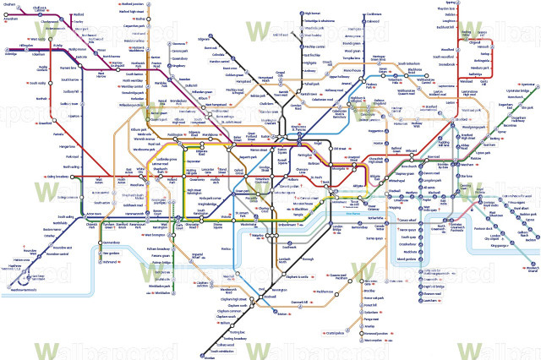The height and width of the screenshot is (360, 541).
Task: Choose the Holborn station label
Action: [292, 180]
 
